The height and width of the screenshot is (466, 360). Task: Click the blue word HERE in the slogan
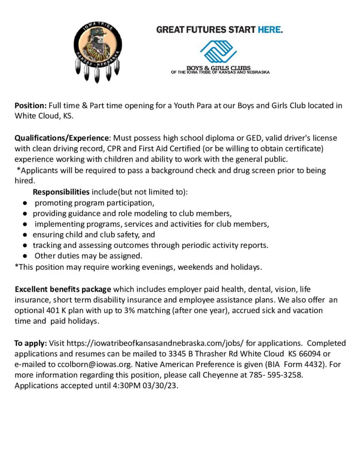[x=270, y=30]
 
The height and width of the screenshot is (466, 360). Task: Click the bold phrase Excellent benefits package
[x=63, y=289]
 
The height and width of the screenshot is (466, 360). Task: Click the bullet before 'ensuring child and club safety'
[x=26, y=235]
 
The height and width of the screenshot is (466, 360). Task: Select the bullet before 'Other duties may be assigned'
[x=26, y=256]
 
